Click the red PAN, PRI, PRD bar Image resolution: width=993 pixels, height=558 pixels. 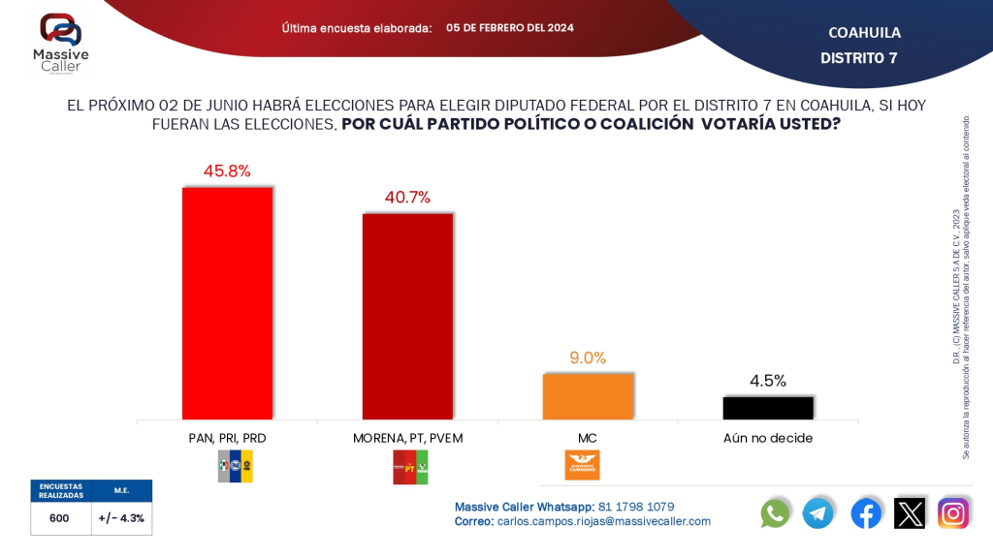(227, 302)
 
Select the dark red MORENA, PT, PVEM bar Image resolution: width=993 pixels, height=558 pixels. (407, 316)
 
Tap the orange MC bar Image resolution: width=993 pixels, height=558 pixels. (588, 395)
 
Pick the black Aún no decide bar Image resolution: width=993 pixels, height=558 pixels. (768, 407)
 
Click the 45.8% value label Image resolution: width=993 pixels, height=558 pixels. (227, 171)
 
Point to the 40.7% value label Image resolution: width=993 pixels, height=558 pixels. (407, 198)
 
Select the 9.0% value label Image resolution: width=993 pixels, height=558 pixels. (588, 357)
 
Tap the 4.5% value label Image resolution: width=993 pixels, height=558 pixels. (768, 380)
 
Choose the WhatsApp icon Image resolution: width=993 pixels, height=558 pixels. (775, 512)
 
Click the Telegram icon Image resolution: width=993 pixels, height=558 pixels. (818, 512)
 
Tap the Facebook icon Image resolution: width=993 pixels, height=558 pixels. (866, 512)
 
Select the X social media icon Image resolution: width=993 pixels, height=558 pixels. (910, 512)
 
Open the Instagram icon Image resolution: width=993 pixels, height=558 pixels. (954, 512)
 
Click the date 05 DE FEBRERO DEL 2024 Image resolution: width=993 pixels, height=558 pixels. (510, 28)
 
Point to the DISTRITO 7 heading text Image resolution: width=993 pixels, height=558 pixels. (858, 58)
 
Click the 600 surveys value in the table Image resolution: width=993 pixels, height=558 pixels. (59, 518)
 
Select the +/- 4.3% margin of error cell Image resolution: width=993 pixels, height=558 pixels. (121, 518)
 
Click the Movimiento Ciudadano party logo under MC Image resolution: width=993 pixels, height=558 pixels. (583, 465)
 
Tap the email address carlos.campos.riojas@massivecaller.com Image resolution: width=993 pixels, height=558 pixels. (604, 521)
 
